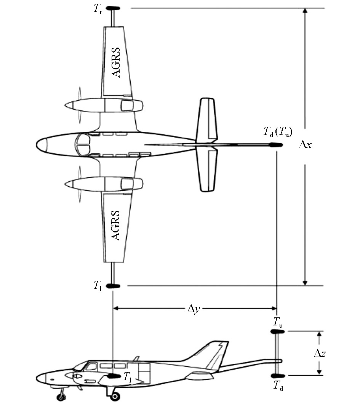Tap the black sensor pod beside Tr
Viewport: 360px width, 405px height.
(113, 8)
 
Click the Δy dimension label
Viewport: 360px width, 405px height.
(194, 309)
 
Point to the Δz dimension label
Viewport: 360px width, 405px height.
(320, 353)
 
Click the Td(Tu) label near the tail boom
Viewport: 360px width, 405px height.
(278, 132)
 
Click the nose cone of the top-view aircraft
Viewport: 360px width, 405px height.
(42, 144)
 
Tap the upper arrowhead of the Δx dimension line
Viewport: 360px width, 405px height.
(304, 11)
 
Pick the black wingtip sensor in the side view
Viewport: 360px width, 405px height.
(113, 376)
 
